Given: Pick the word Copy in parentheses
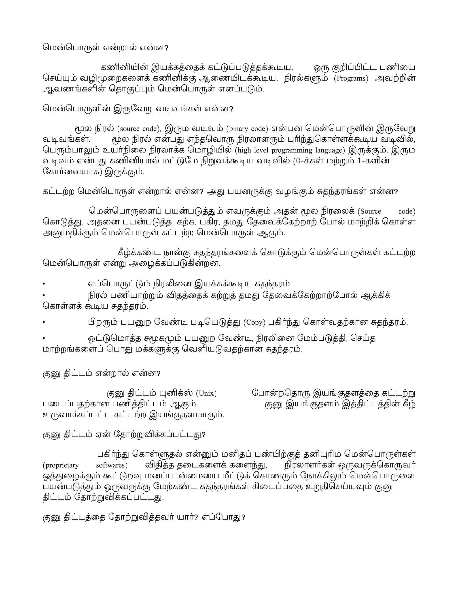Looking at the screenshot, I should tap(254, 322).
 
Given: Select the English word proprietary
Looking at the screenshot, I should tap(61, 465).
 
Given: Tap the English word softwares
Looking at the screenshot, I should tap(111, 465).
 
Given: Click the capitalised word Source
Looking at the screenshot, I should tap(371, 211).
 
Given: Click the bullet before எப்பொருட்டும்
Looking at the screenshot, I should tap(43, 284).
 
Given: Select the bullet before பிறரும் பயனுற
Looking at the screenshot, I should tap(43, 322).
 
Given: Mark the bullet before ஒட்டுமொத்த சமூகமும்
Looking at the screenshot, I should tap(43, 339).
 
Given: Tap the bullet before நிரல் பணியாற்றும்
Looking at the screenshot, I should tap(43, 295).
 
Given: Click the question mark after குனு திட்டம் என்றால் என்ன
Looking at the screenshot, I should tap(159, 374).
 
